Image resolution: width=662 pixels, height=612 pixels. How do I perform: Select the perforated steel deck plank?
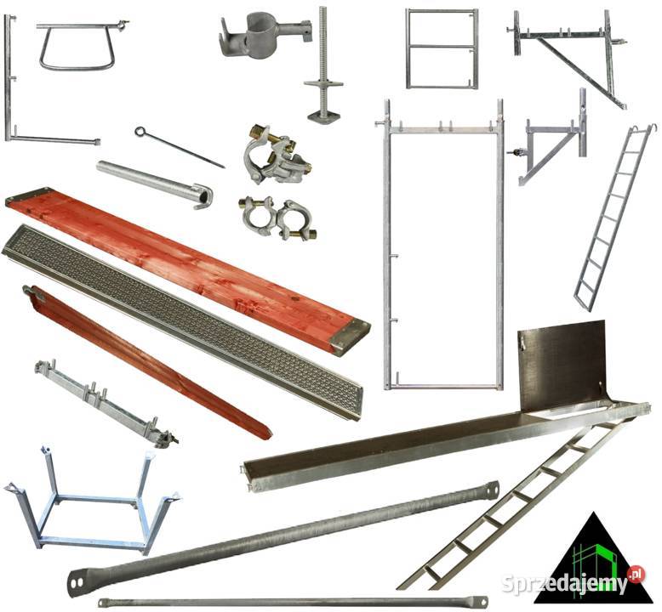(181, 323)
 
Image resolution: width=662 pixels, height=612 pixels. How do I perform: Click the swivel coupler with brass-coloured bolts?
(277, 156)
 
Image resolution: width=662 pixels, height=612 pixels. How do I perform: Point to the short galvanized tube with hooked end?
(155, 184)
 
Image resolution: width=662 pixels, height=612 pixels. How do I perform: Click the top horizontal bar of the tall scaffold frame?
(442, 129)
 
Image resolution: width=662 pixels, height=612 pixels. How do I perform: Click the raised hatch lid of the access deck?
(562, 365)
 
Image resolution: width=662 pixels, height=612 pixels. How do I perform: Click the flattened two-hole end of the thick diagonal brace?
(77, 582)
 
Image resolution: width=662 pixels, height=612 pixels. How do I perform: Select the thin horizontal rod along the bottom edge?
(293, 602)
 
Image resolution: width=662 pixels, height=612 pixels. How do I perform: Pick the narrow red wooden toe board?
(147, 362)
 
